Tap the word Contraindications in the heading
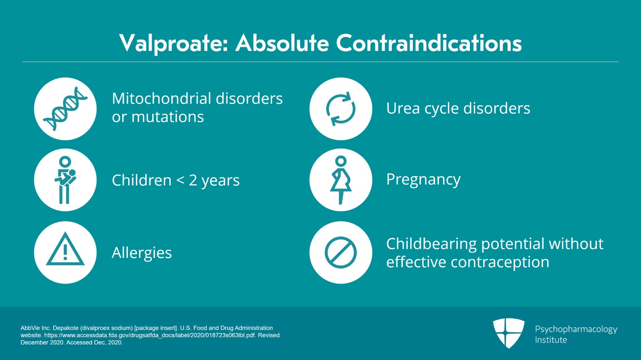tap(429, 43)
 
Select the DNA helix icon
tap(65, 109)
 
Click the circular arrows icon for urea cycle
tap(341, 109)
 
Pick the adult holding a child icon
tap(65, 180)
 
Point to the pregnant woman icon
tap(341, 180)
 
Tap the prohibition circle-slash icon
tap(341, 253)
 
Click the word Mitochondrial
tap(161, 99)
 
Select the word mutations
tap(167, 117)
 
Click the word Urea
tap(403, 109)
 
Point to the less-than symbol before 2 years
tap(181, 180)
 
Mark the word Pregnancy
tap(423, 180)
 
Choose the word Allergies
tap(142, 253)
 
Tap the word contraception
tap(500, 262)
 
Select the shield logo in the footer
tap(509, 333)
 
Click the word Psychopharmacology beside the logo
tap(576, 330)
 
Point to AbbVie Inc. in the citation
tap(35, 328)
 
